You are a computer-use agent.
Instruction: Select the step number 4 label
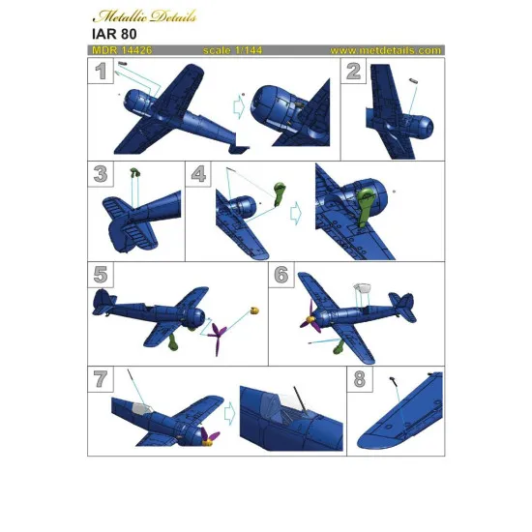[x=200, y=174]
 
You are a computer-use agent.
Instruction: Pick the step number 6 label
[x=281, y=275]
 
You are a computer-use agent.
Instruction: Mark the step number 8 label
[x=360, y=379]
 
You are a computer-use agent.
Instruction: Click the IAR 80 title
[x=114, y=34]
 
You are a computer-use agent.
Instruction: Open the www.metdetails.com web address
[x=385, y=49]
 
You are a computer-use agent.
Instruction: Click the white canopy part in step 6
[x=365, y=287]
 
